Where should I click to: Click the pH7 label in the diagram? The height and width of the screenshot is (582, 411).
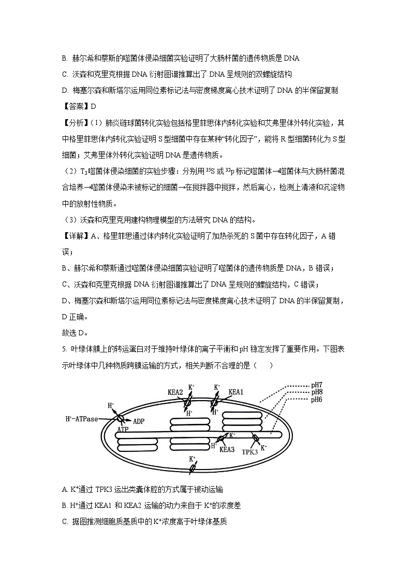point(317,385)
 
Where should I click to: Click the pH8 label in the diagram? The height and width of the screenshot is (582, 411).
point(317,392)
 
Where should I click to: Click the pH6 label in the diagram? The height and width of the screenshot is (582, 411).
point(317,400)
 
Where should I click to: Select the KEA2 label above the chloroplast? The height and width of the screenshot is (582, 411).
point(175,392)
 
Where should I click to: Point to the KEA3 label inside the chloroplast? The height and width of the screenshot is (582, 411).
point(227,450)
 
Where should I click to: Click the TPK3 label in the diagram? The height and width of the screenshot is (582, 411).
point(250,451)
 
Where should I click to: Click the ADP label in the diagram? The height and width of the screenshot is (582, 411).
point(138,421)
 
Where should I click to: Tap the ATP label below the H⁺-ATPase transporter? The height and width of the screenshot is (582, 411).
point(123,430)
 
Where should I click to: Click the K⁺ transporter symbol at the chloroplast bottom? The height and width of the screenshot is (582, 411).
point(193,467)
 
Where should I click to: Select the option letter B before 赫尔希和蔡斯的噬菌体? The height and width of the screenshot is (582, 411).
point(64,59)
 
